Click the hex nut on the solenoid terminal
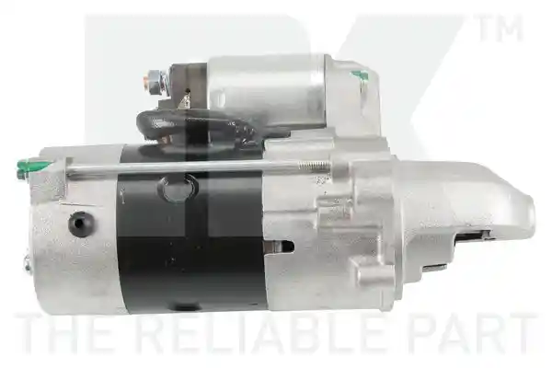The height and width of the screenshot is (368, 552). coord(154,83)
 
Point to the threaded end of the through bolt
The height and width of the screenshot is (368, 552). coord(315,165)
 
